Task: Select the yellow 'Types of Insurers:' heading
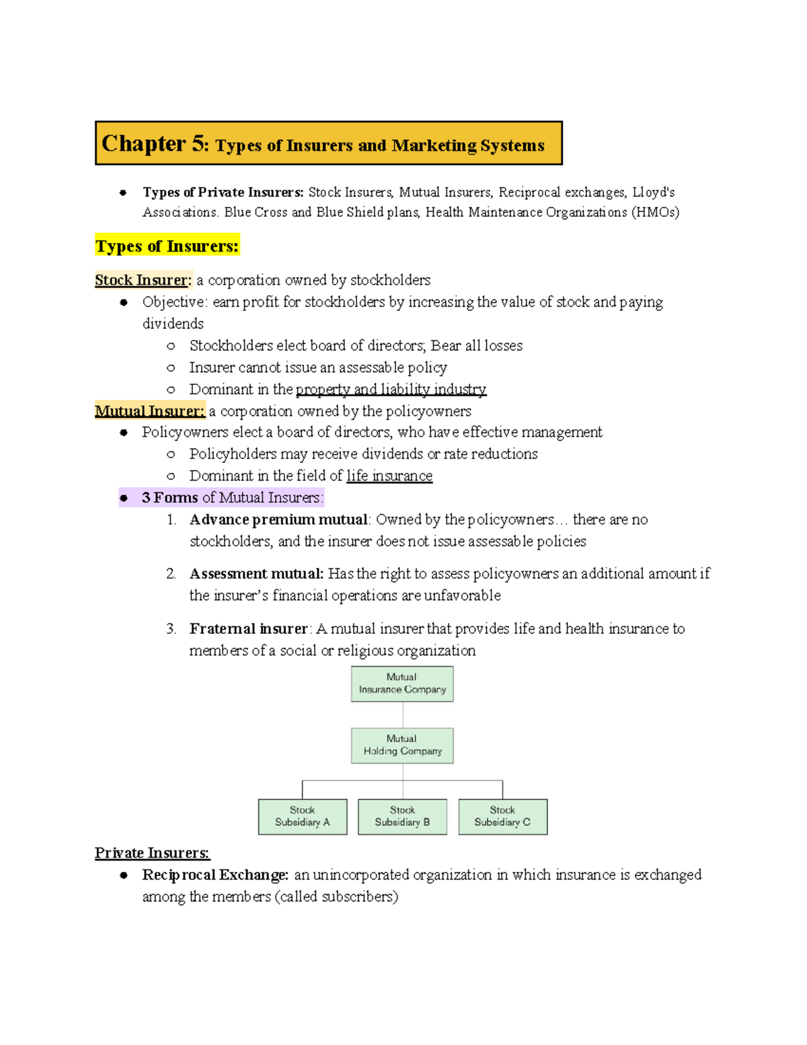tap(167, 246)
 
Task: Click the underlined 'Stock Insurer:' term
tap(143, 280)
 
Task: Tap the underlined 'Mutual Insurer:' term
tap(149, 410)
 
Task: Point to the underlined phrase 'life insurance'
tap(389, 476)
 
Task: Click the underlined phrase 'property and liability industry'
tap(391, 389)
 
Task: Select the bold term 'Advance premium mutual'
tap(278, 519)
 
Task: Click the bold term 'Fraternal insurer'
tap(248, 628)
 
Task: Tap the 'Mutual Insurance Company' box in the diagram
tap(402, 684)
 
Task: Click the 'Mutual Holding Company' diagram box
tap(402, 745)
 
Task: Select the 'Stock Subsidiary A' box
tap(303, 816)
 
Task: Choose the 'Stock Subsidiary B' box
tap(402, 816)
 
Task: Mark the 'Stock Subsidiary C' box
tap(502, 816)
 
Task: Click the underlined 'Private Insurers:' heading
tap(152, 853)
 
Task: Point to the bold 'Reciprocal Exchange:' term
tap(215, 875)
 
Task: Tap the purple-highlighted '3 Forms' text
tap(169, 497)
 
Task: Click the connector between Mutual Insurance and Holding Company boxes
tap(403, 715)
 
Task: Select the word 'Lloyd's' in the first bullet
tap(653, 192)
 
